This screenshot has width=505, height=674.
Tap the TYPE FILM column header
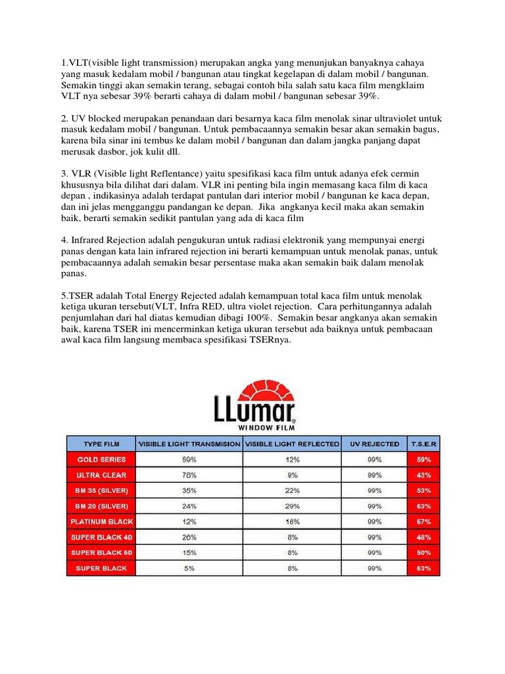click(x=101, y=444)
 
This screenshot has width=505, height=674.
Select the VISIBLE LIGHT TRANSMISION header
click(x=189, y=444)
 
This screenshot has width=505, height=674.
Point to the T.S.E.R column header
click(x=423, y=444)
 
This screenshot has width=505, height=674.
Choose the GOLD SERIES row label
click(x=101, y=459)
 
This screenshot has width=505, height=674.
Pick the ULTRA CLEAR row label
click(x=101, y=475)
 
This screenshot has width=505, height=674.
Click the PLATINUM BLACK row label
click(x=101, y=521)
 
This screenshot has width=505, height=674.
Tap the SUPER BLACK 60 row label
click(x=101, y=552)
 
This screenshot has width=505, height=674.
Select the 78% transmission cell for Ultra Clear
click(x=189, y=475)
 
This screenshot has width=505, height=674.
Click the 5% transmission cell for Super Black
click(x=189, y=568)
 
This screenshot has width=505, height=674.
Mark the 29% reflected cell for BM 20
click(x=292, y=505)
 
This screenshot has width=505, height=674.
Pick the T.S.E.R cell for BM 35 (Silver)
click(x=423, y=490)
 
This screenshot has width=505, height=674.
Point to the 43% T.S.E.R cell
click(x=423, y=475)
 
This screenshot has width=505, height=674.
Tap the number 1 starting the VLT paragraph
click(x=64, y=63)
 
